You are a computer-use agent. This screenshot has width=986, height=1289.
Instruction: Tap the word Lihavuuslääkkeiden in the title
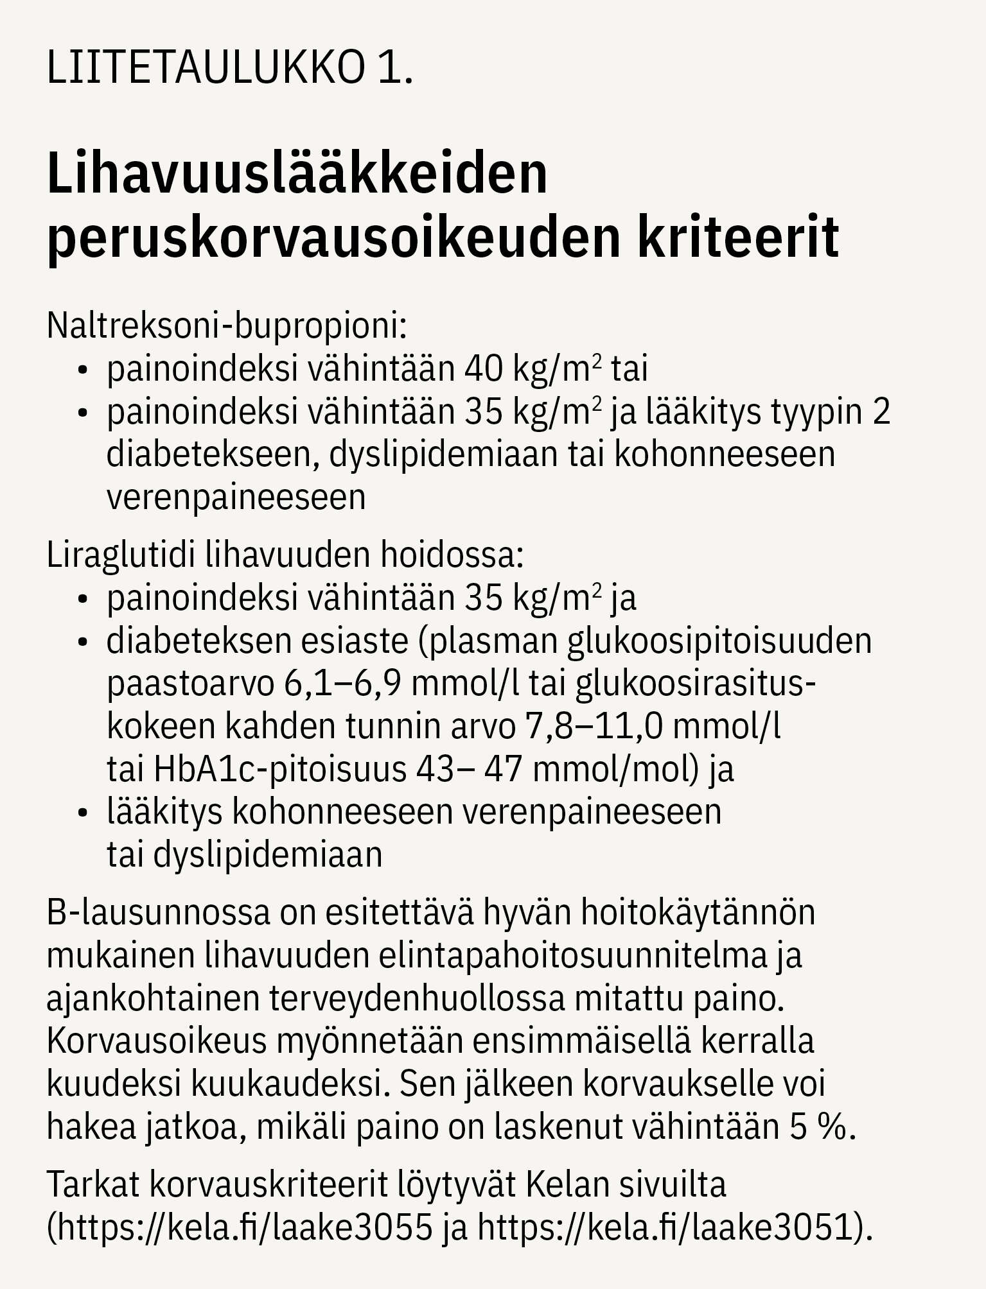click(x=297, y=175)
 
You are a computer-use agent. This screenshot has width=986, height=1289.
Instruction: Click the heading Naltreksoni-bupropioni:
click(x=227, y=326)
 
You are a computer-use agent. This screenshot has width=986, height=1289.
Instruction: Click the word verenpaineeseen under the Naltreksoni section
click(x=236, y=497)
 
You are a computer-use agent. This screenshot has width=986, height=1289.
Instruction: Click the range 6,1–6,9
click(x=343, y=684)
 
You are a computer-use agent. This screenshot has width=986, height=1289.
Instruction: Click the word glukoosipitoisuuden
click(x=719, y=641)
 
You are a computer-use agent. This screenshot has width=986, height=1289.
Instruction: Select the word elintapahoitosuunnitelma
click(x=573, y=956)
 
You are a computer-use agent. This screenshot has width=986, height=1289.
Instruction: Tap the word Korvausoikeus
click(x=156, y=1041)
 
